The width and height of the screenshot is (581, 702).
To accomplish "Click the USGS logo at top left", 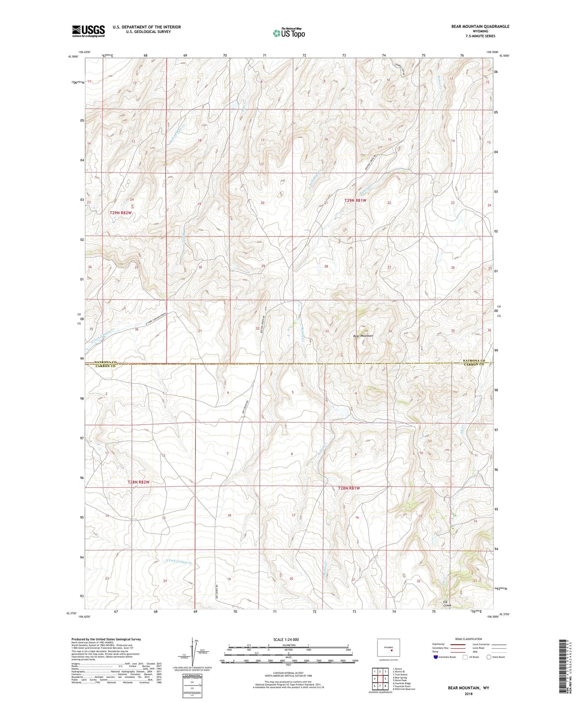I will (x=88, y=31).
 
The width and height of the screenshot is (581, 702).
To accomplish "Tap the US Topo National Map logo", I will (x=289, y=33).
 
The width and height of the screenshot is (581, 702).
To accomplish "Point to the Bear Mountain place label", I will (x=363, y=336).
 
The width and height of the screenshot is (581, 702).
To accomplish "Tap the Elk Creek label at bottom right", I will (x=447, y=603).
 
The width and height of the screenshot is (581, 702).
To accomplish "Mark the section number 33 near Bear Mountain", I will (x=327, y=331).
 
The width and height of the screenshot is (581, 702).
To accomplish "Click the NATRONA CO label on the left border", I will (x=105, y=362).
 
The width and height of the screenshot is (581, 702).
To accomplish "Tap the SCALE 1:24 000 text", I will (x=286, y=639).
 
